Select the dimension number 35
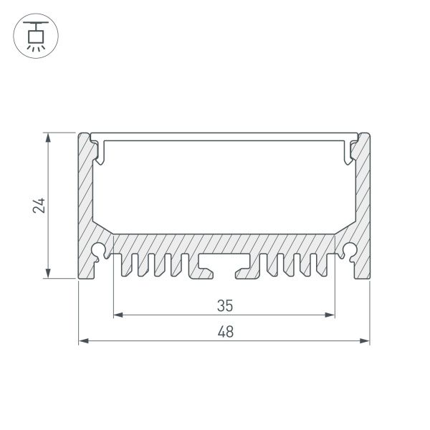pyautogui.click(x=224, y=305)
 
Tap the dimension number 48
pyautogui.click(x=224, y=333)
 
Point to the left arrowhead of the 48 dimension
pyautogui.click(x=82, y=341)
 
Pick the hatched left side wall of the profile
pyautogui.click(x=86, y=208)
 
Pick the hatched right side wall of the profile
pyautogui.click(x=362, y=208)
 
